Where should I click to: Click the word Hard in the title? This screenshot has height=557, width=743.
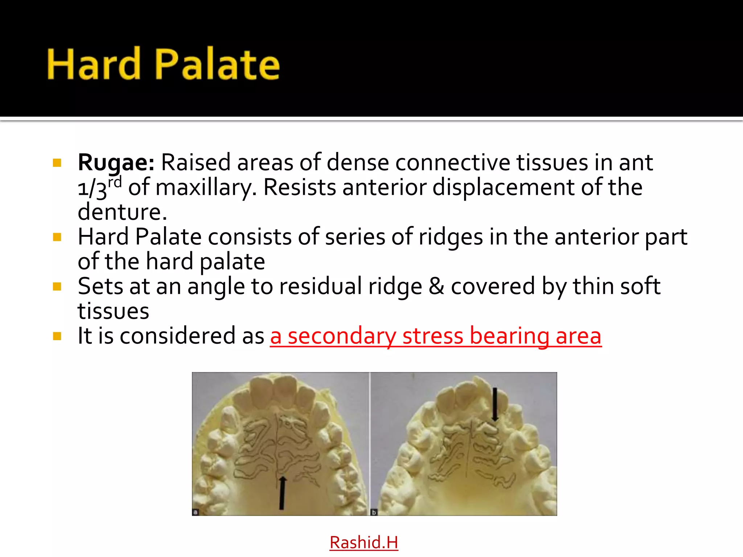coord(94,64)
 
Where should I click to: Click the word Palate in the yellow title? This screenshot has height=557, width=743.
coord(218,64)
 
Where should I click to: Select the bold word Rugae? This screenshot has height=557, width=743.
coord(116,162)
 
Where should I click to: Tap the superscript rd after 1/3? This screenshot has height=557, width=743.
coord(115,182)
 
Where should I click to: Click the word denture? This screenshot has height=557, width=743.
coord(122,212)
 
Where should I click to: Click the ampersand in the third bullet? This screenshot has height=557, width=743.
coord(436,286)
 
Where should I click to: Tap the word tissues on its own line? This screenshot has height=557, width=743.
coord(113,311)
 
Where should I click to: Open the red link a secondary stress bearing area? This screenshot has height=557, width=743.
coord(435,336)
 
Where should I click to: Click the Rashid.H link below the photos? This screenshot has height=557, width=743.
coord(364,542)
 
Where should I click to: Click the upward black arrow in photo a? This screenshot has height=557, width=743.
coord(282,493)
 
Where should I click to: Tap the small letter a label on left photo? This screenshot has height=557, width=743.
coord(195,512)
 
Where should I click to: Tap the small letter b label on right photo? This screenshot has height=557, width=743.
coord(374,512)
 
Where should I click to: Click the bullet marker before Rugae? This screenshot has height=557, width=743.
coord(57,162)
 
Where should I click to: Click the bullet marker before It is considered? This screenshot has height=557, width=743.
coord(57,336)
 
